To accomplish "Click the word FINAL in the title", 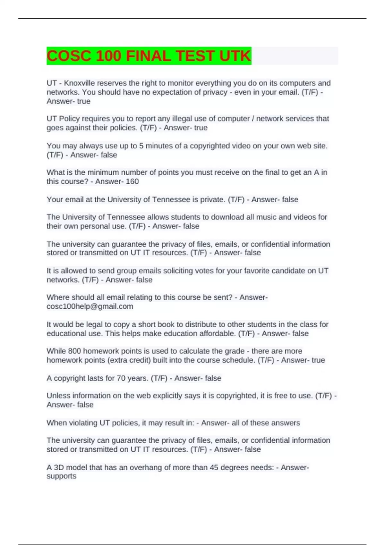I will pyautogui.click(x=148, y=56).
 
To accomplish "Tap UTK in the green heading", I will pyautogui.click(x=235, y=56).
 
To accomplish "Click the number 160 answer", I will pyautogui.click(x=132, y=181).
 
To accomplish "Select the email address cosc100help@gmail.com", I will pyautogui.click(x=90, y=306).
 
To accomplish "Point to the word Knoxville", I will pyautogui.click(x=79, y=83).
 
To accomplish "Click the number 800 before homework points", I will pyautogui.click(x=74, y=351).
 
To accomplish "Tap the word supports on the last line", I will pyautogui.click(x=61, y=476).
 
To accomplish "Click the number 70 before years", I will pyautogui.click(x=121, y=378).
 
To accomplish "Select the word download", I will pyautogui.click(x=224, y=217).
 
